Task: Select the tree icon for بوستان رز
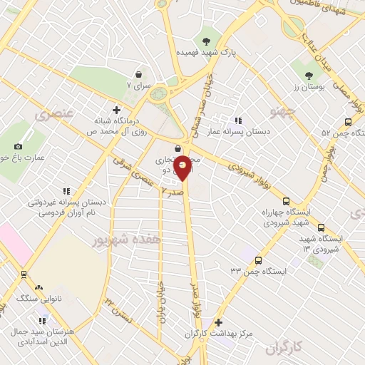point(309,75)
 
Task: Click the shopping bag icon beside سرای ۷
point(138,73)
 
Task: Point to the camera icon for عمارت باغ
point(18,146)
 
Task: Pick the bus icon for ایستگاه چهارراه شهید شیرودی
point(287,202)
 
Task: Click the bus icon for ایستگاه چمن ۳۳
point(257,260)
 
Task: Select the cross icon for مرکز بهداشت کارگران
point(219,323)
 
